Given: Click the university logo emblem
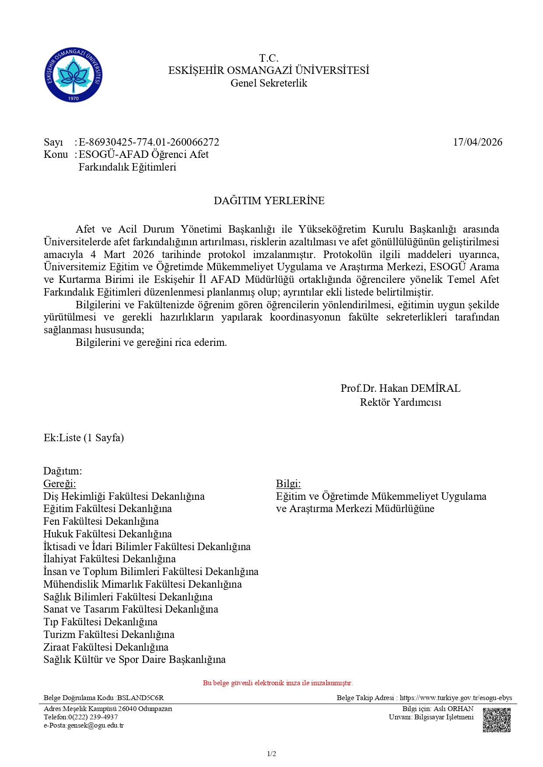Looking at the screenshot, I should tap(74, 75).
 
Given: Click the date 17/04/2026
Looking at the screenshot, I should tap(477, 142).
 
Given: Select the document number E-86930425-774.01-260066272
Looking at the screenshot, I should tap(149, 142).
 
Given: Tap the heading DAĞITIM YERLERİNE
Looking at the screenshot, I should tap(269, 201).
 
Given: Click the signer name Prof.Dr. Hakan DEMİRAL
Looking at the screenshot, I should tap(400, 388).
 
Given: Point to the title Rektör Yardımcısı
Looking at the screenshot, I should tap(400, 402).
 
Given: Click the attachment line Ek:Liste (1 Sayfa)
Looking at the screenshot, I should tap(84, 438).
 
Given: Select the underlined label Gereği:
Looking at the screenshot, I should tap(60, 484).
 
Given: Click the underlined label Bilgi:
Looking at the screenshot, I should tap(288, 484).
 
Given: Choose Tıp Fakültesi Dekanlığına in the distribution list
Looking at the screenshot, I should tap(100, 622).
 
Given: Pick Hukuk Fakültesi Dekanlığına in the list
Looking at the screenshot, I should tap(108, 534).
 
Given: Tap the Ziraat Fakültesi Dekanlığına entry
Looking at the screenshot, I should tap(106, 647).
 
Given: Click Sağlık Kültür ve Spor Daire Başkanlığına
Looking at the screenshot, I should tap(134, 659).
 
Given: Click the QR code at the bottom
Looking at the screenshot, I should tap(497, 720).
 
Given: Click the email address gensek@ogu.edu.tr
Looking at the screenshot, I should tap(95, 725).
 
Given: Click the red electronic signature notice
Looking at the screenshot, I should tap(277, 683).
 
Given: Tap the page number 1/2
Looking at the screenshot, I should tap(271, 753).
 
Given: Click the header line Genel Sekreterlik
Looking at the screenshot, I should tap(269, 83).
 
